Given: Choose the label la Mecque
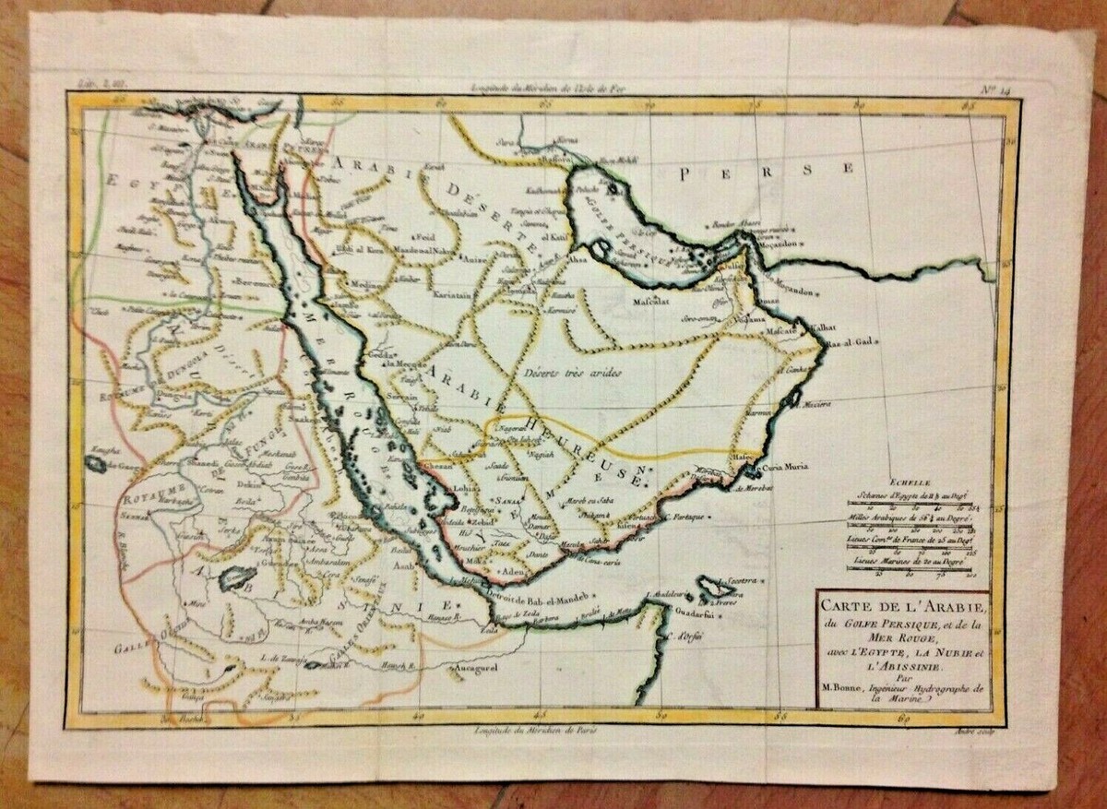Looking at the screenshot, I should coord(403,363).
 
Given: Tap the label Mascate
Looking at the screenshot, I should coord(777,329).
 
